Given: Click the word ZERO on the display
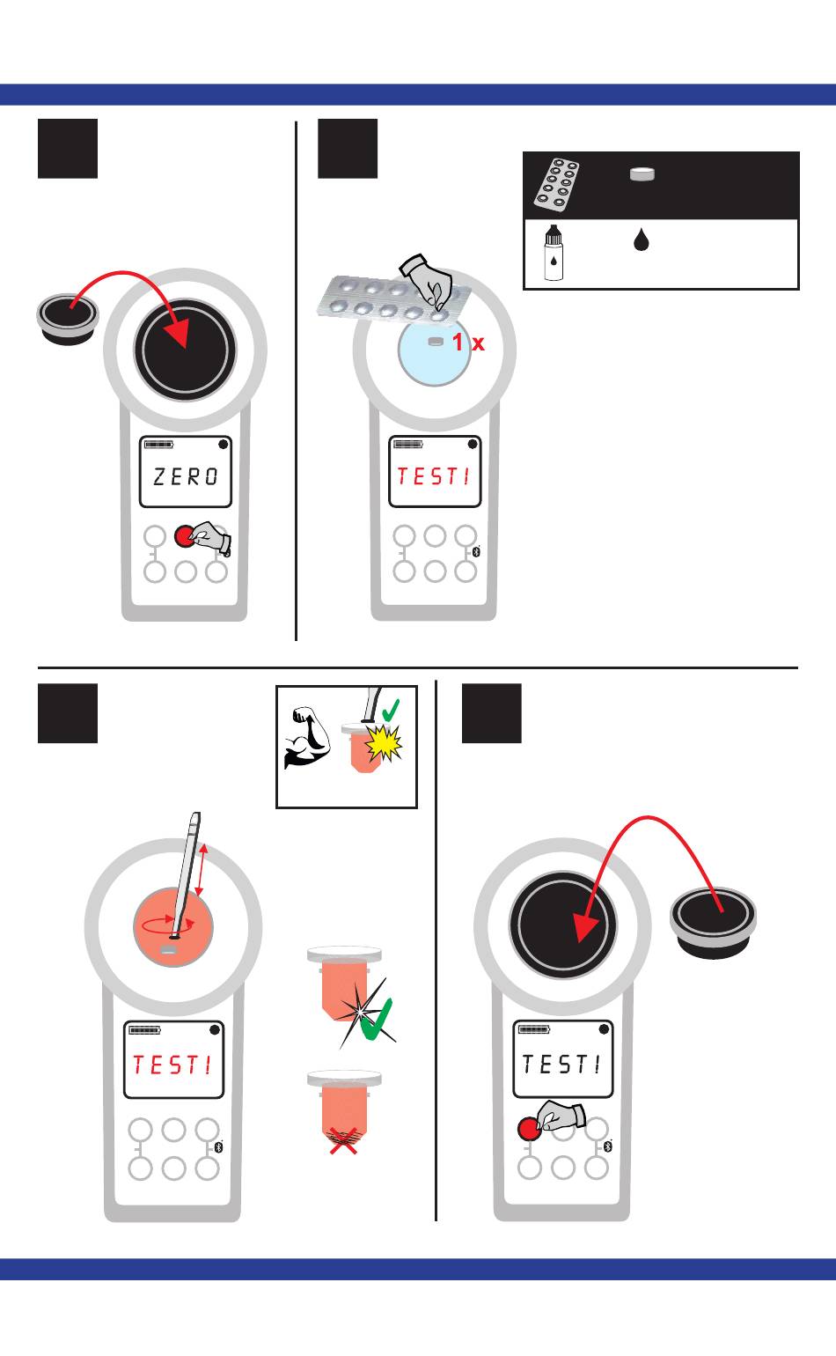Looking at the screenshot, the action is pyautogui.click(x=185, y=476).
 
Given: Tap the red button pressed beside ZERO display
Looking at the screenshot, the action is pyautogui.click(x=184, y=536).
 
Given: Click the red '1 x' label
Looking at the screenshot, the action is pyautogui.click(x=468, y=343).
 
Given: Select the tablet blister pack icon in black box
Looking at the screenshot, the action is pyautogui.click(x=556, y=185).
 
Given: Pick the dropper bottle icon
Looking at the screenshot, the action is pyautogui.click(x=554, y=253).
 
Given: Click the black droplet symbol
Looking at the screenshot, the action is pyautogui.click(x=642, y=240).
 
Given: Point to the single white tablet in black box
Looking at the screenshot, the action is pyautogui.click(x=642, y=174).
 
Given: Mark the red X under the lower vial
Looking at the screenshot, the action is pyautogui.click(x=343, y=1141).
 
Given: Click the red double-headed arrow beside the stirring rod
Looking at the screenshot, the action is pyautogui.click(x=202, y=871).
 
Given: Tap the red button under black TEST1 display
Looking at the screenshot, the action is pyautogui.click(x=529, y=1129).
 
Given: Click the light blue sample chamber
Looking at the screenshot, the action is pyautogui.click(x=434, y=351).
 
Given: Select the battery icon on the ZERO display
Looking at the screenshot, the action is pyautogui.click(x=158, y=445).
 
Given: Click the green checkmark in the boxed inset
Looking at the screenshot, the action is pyautogui.click(x=391, y=710).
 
